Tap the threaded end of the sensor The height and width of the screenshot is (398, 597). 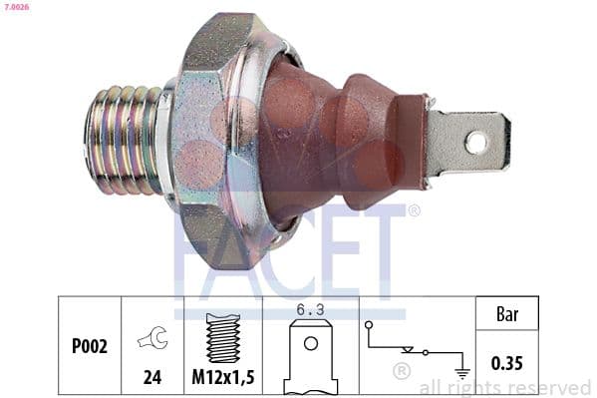coord(125,140)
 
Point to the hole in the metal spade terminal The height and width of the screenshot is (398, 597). coord(476,143)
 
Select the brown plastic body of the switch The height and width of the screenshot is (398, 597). coord(329,140)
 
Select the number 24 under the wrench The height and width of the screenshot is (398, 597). coord(152,377)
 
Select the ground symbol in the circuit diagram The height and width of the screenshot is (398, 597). coord(461,374)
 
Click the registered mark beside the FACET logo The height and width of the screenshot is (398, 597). coord(414,210)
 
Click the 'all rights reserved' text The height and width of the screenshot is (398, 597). coord(504,387)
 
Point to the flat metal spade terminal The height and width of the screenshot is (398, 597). coord(468,143)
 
